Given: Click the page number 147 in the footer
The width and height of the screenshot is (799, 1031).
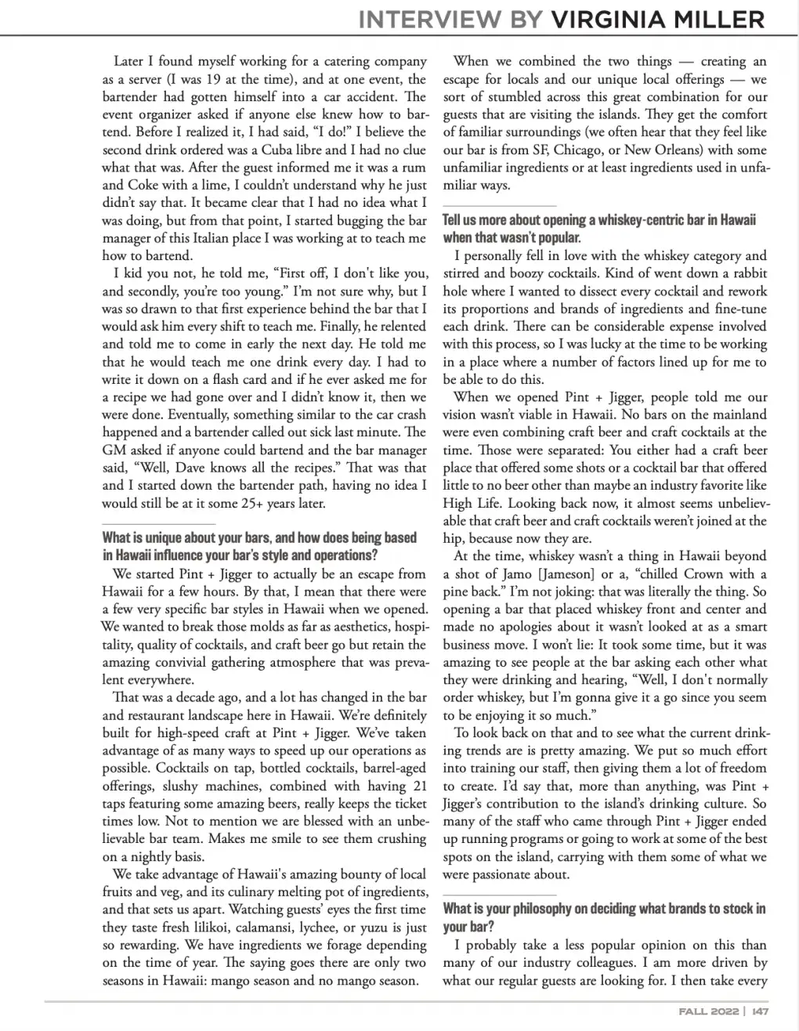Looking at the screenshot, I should point(760,1011).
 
